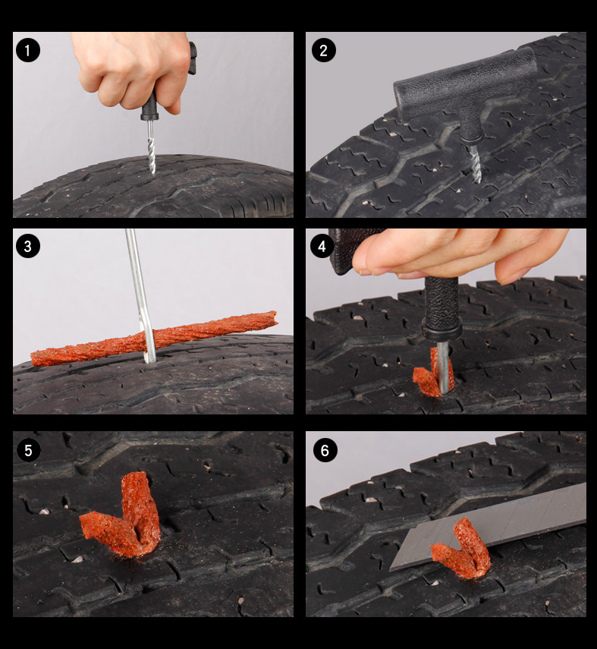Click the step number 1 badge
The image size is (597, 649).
tap(28, 51)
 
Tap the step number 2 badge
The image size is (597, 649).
tap(323, 51)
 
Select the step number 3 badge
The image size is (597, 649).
tap(28, 246)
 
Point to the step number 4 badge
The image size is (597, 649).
tap(322, 246)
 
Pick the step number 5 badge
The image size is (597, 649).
tap(28, 450)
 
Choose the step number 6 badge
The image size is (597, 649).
tap(325, 450)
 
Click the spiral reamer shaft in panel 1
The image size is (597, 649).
tap(151, 147)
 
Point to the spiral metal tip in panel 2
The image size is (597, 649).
tap(476, 163)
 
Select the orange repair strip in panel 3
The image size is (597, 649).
tap(154, 339)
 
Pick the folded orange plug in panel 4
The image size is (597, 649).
tap(430, 373)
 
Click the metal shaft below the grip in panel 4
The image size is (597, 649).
tap(443, 367)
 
